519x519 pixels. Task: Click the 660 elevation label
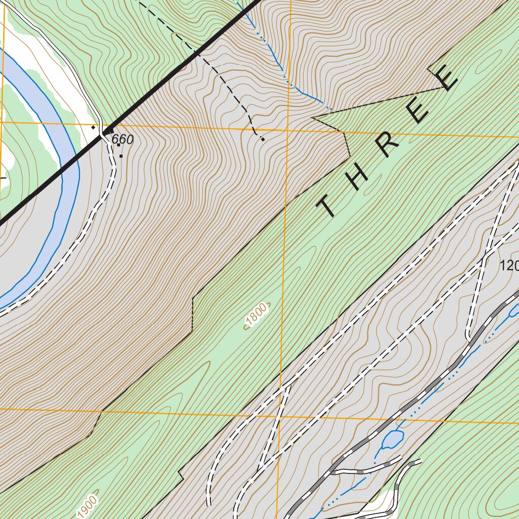[x=123, y=139]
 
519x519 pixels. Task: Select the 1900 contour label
[x=87, y=504]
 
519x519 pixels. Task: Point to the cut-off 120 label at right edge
[x=509, y=265]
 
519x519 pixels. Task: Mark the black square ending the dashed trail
[x=263, y=139]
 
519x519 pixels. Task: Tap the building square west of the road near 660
[x=93, y=128]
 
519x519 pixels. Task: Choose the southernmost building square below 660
[x=121, y=156]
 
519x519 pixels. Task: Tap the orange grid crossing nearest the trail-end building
[x=286, y=130]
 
